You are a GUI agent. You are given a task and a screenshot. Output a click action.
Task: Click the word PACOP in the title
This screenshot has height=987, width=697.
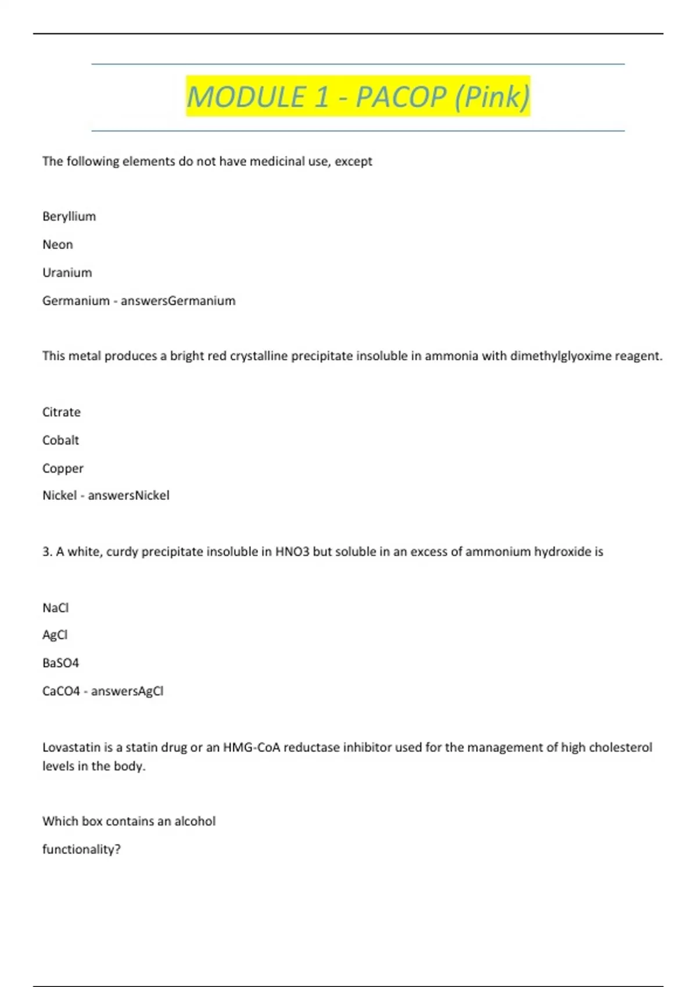(x=401, y=96)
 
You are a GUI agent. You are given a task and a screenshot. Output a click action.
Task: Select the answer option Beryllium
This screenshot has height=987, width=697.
(x=69, y=217)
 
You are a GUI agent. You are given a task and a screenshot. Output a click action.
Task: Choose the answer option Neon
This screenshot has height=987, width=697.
(x=58, y=244)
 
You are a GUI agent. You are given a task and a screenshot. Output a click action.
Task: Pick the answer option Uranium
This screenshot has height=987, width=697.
(x=67, y=272)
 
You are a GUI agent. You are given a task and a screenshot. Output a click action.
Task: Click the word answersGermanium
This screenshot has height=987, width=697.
(x=178, y=301)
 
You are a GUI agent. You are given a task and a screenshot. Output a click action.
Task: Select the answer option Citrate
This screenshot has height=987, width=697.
(x=62, y=412)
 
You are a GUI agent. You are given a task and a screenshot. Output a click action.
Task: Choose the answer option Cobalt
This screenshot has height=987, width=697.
(x=60, y=440)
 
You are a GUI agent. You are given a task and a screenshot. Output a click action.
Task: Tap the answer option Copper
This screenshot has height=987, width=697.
(x=63, y=468)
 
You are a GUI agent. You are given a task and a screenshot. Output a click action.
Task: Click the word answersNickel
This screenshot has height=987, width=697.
(x=128, y=495)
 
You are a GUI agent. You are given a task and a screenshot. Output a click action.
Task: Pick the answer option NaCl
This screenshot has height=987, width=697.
(x=55, y=608)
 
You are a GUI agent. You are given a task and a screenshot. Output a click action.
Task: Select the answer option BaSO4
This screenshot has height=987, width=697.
(x=60, y=663)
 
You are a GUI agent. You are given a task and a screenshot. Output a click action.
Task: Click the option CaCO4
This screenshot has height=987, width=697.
(x=61, y=691)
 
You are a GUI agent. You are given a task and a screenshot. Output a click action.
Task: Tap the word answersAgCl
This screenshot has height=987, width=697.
(x=127, y=691)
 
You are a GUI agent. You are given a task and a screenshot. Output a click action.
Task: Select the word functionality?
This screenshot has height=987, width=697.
(x=81, y=849)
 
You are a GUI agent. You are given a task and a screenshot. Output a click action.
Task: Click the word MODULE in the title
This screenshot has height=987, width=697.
(x=246, y=96)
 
